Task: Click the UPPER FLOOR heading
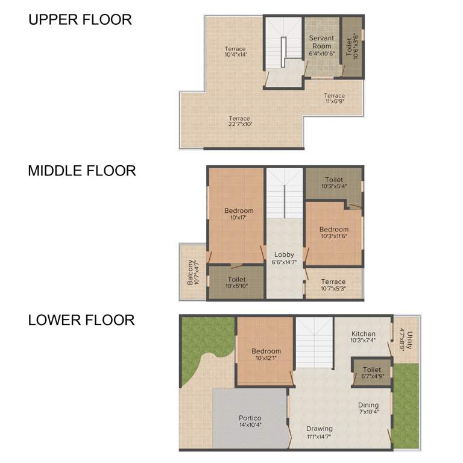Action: (x=80, y=19)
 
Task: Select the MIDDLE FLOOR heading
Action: (x=82, y=171)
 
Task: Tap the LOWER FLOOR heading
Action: (x=81, y=320)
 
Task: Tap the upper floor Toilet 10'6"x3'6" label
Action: (x=353, y=46)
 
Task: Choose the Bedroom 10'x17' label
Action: (x=239, y=214)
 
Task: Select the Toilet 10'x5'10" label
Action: (x=236, y=283)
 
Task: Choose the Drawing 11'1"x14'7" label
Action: (x=318, y=432)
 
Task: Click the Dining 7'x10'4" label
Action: (x=368, y=408)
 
